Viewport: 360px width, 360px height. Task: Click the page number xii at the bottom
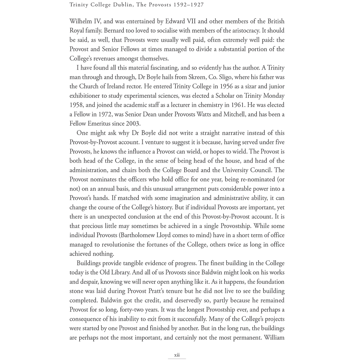[x=177, y=355]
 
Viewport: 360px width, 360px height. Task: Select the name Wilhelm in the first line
[x=80, y=21]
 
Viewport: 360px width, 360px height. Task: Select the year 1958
[x=77, y=105]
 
